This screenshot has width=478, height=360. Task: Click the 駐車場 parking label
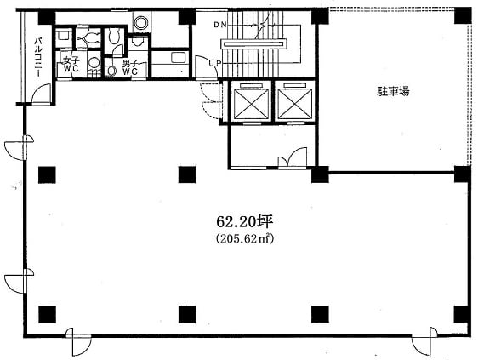click(393, 91)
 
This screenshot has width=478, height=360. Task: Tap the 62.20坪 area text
click(244, 222)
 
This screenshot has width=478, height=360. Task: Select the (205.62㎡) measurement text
click(244, 239)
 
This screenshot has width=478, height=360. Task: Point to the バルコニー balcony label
click(39, 57)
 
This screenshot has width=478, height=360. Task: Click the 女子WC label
click(71, 65)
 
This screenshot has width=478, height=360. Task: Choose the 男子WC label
click(130, 67)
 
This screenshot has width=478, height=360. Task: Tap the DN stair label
click(220, 25)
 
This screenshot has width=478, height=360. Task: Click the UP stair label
click(215, 64)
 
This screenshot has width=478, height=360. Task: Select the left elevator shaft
click(251, 100)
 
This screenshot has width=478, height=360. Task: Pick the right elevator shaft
click(295, 100)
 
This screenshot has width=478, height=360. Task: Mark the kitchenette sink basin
click(179, 57)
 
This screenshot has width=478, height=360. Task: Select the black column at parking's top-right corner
click(463, 15)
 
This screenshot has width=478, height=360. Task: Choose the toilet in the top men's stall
click(114, 36)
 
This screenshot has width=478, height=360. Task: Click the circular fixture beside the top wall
click(141, 22)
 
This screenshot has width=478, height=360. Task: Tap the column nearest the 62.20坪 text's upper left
click(187, 174)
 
